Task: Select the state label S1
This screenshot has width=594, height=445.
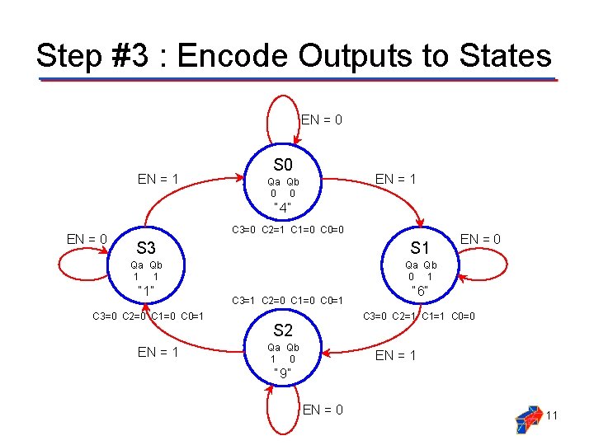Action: [x=421, y=247]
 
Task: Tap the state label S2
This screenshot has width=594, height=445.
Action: [x=283, y=330]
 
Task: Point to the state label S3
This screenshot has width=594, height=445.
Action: [x=146, y=247]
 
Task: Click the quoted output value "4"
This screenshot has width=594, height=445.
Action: [x=283, y=208]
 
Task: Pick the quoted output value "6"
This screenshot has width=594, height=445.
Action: [x=421, y=292]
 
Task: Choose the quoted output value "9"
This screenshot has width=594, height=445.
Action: [x=283, y=374]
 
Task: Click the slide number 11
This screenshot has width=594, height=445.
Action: [x=552, y=415]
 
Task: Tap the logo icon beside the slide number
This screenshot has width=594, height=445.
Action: [x=529, y=419]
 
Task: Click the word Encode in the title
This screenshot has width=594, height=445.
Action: [x=233, y=56]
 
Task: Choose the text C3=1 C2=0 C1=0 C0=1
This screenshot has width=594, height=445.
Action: [x=288, y=300]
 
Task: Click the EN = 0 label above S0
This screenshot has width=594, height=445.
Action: [x=322, y=119]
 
